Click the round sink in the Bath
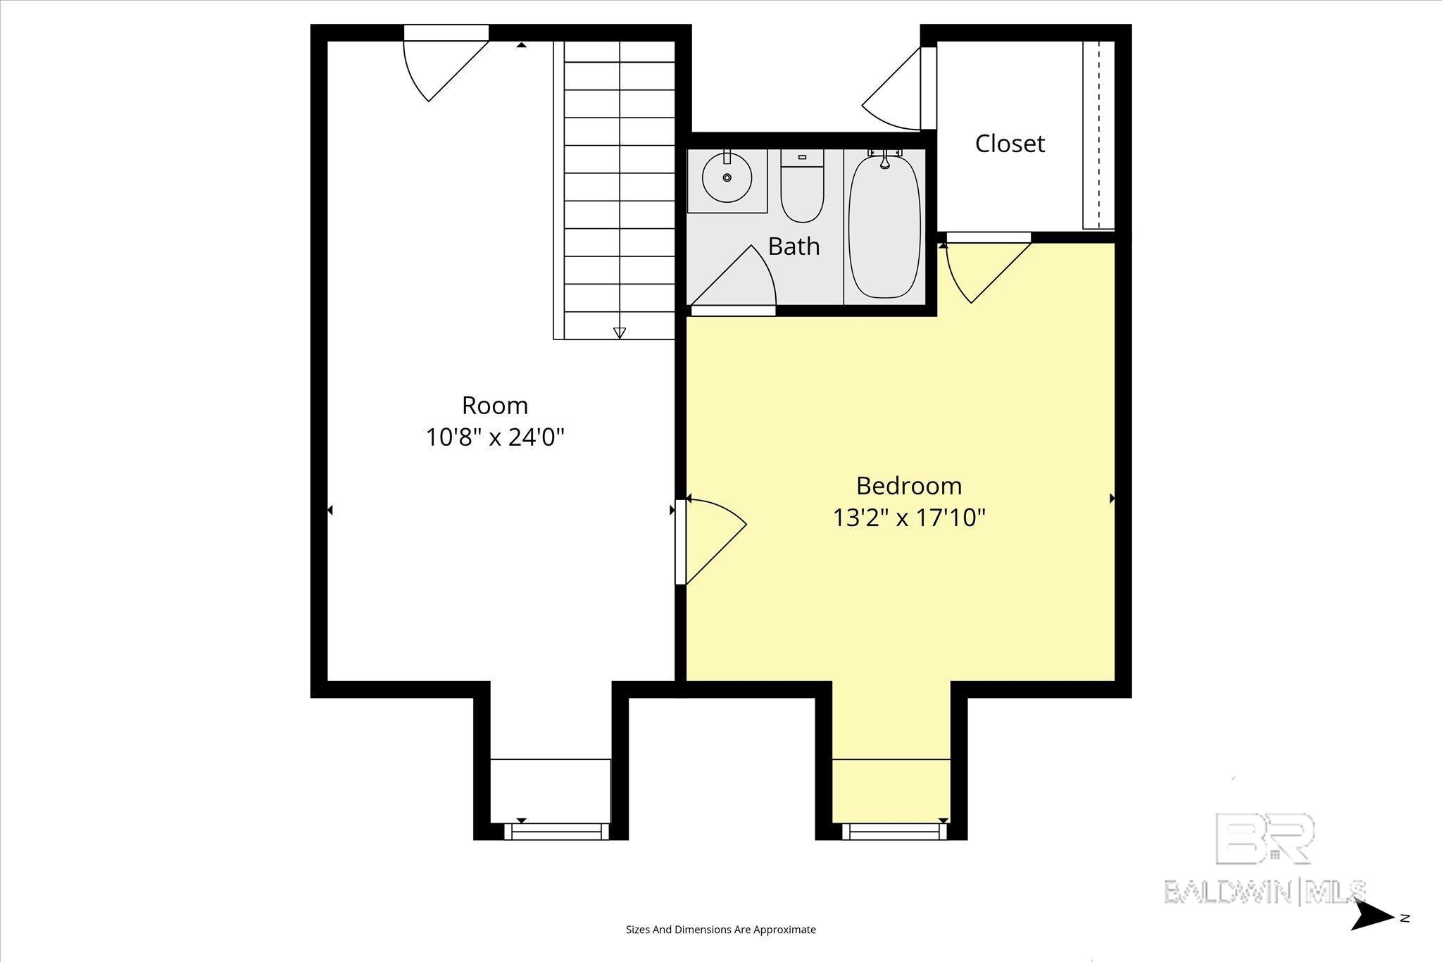point(727,177)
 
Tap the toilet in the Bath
point(802,185)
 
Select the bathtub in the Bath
point(885,227)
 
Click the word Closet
point(1010,144)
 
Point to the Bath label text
point(794,246)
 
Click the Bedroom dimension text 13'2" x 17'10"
point(909,518)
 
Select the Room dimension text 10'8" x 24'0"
point(495,438)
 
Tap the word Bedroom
point(909,486)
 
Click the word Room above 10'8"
point(495,406)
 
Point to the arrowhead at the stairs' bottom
point(620,333)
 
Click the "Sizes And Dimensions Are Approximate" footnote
point(721,930)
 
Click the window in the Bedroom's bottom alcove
point(895,832)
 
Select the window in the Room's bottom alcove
point(557,832)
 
